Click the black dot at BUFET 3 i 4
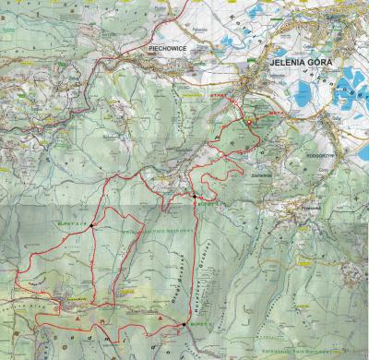(x=92, y=224)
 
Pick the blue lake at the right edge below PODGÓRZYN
(x=362, y=150)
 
